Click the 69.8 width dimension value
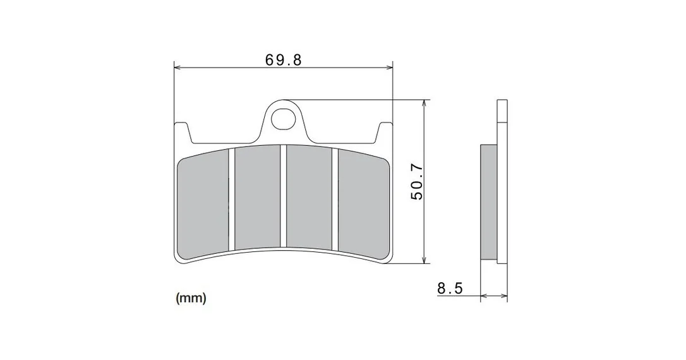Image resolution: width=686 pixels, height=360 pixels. pyautogui.click(x=284, y=59)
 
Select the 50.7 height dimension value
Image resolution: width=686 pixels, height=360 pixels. pyautogui.click(x=417, y=182)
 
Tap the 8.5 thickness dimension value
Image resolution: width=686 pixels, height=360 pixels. pyautogui.click(x=450, y=288)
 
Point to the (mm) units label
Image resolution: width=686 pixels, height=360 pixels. pyautogui.click(x=191, y=298)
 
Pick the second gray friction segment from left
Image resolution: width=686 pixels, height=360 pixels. pyautogui.click(x=258, y=197)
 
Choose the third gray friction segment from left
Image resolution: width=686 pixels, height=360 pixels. pyautogui.click(x=310, y=198)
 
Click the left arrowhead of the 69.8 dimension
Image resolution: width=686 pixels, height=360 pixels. pyautogui.click(x=178, y=68)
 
